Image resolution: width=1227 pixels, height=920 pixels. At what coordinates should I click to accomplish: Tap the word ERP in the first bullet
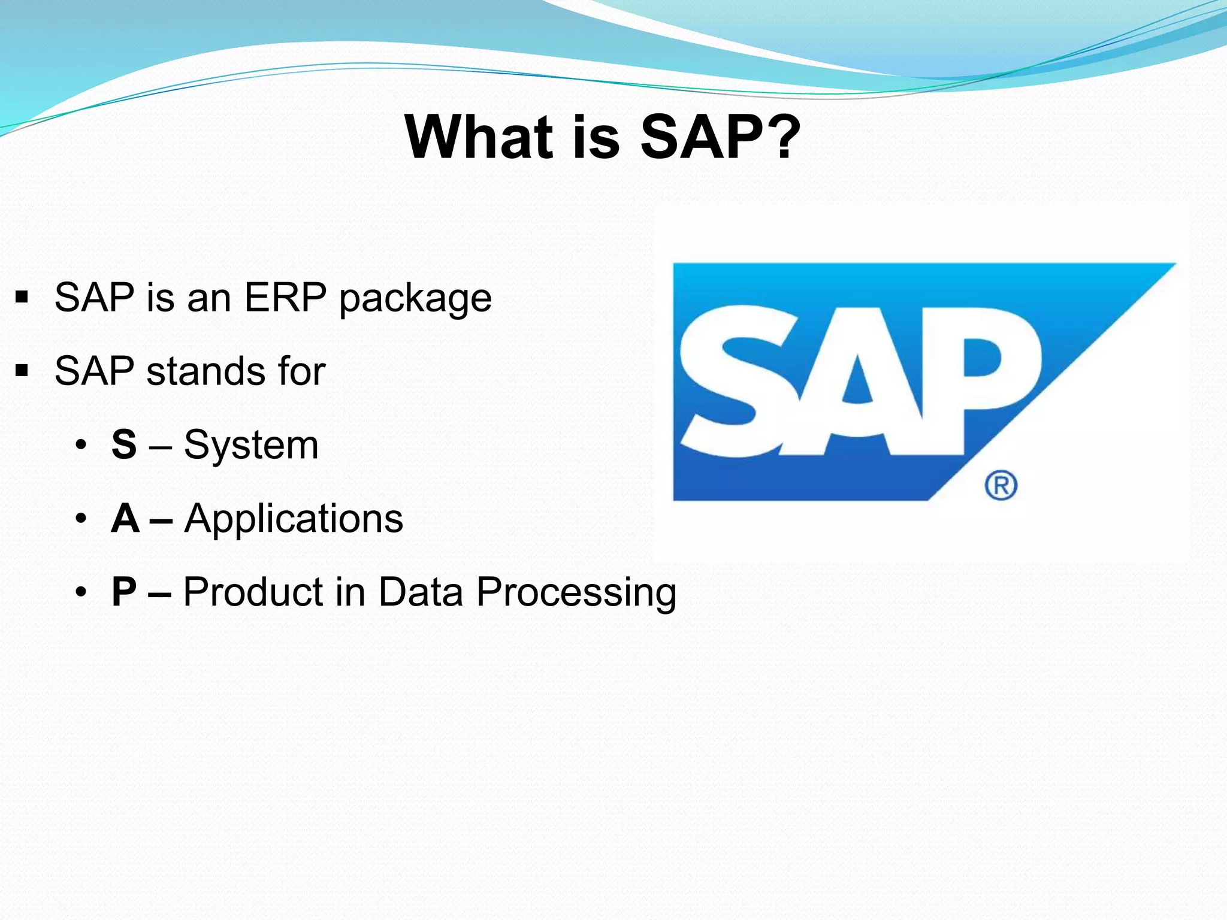click(285, 297)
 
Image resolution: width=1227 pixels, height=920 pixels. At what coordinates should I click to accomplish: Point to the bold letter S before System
click(124, 445)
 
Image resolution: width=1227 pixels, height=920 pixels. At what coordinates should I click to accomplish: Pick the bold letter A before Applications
click(125, 518)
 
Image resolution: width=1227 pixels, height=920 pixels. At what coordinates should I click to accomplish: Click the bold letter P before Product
click(124, 592)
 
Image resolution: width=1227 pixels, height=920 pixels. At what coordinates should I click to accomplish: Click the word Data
click(421, 592)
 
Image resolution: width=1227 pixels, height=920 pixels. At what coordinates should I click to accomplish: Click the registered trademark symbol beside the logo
click(1001, 485)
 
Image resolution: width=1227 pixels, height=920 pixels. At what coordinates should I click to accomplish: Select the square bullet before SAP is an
click(22, 297)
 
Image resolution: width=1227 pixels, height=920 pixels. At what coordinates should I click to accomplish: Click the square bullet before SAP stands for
click(22, 371)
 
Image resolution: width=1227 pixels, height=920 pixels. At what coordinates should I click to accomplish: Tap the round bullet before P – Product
click(81, 592)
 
